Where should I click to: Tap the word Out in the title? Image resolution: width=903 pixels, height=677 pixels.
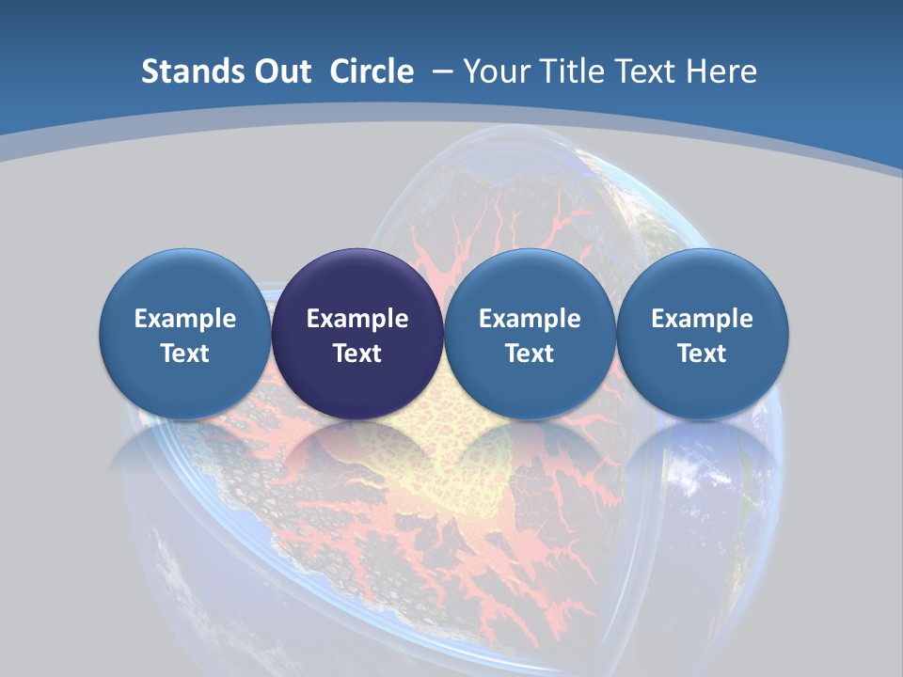tap(281, 71)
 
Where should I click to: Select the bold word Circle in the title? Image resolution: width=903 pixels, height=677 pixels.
tap(372, 71)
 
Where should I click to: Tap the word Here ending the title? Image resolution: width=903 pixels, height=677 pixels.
tap(722, 71)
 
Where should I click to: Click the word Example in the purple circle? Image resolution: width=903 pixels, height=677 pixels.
tap(357, 319)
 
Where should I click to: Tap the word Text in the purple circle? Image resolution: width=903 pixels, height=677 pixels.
tap(357, 354)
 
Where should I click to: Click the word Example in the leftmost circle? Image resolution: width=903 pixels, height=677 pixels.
tap(184, 319)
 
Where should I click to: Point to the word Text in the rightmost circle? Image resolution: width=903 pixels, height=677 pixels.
tap(702, 354)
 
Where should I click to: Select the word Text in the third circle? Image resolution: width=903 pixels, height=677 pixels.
tap(530, 354)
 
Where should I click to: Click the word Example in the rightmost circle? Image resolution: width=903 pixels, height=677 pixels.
tap(702, 319)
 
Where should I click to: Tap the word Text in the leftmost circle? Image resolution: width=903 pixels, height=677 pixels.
tap(184, 354)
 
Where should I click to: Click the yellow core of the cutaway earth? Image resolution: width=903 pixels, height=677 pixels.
tap(442, 470)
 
